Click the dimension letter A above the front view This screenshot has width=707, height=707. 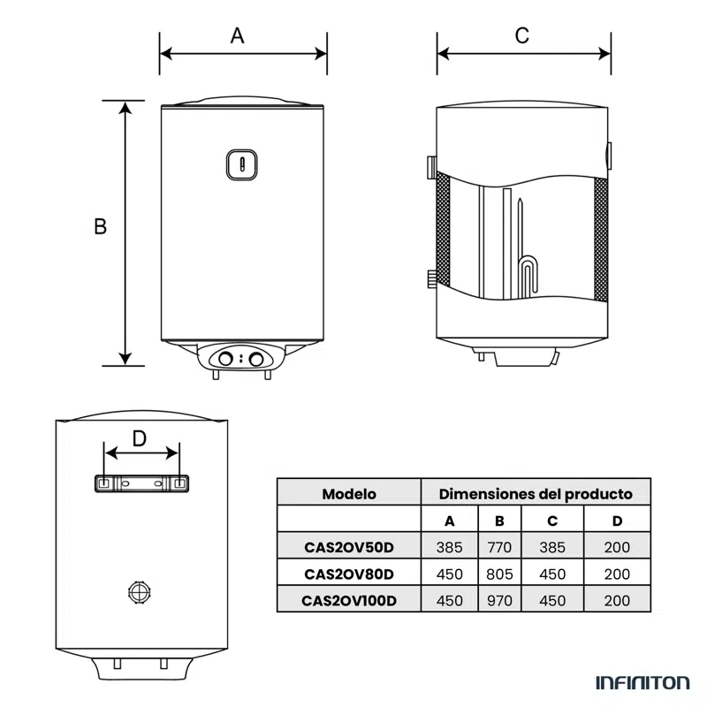point(237,35)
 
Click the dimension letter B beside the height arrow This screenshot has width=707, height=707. point(101,226)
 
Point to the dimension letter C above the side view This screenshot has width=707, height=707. point(522,35)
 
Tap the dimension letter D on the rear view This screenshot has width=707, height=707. point(140,438)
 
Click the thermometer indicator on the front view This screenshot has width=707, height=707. point(243,163)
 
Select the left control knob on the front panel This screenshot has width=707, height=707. point(226,359)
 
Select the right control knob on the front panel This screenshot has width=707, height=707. point(256,359)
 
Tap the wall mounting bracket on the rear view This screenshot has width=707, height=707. point(141,483)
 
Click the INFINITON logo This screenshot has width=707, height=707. point(642,682)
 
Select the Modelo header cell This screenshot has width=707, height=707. point(348,494)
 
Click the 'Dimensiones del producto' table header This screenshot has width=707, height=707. point(536,494)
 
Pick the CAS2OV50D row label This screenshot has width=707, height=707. point(348,547)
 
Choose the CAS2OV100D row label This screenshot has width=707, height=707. point(348,600)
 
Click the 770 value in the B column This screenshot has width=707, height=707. point(499,547)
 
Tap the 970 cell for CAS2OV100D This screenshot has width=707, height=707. point(499,600)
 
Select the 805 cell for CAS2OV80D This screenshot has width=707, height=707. point(499,574)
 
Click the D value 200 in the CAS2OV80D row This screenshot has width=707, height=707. point(617,574)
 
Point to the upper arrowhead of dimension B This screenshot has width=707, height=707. point(125,107)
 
